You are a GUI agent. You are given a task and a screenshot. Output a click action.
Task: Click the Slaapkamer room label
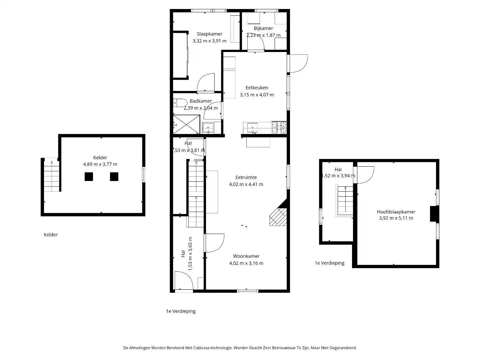(209, 34)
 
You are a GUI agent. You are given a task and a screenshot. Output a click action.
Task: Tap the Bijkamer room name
(263, 28)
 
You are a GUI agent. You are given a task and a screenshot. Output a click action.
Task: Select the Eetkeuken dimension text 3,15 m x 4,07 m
(257, 95)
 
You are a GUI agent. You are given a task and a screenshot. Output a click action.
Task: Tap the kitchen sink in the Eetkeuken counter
(252, 127)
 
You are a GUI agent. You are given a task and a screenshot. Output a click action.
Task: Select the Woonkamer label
(246, 256)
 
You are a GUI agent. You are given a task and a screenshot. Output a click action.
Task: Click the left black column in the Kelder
(89, 177)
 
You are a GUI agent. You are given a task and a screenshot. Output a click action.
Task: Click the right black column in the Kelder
(114, 177)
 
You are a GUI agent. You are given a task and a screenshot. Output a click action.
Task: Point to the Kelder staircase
(51, 176)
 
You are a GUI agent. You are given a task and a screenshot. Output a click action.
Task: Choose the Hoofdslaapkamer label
(396, 212)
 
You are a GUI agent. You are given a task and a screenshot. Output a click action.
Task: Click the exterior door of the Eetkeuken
(298, 63)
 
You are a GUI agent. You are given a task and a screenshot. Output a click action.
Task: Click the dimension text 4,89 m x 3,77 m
(100, 164)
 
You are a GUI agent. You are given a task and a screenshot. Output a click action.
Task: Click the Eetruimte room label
(246, 177)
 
